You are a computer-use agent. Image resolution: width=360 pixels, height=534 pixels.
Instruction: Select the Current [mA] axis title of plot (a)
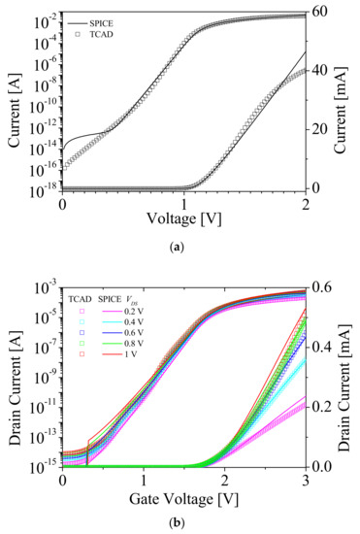coord(348,99)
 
